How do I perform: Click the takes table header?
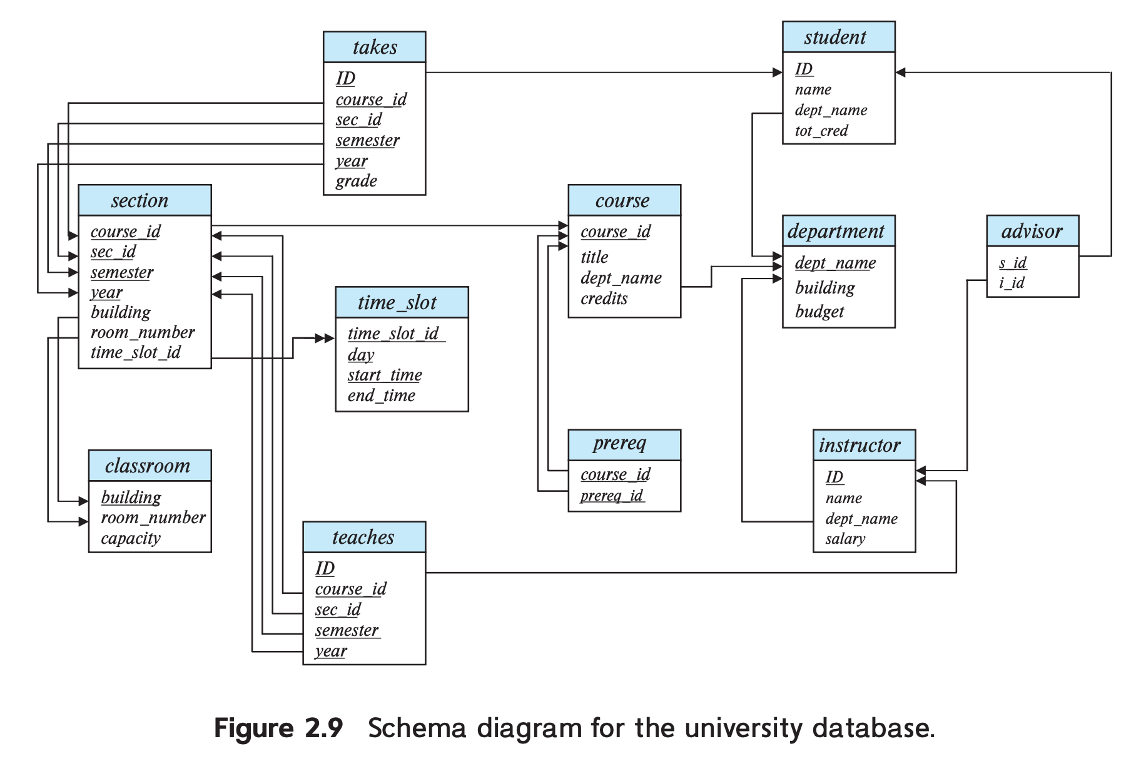pos(374,48)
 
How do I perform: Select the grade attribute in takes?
pos(356,181)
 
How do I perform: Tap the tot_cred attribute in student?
pos(821,131)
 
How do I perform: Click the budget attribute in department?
pos(819,312)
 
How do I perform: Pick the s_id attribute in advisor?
pos(1012,263)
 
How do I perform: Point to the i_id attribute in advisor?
pos(1012,283)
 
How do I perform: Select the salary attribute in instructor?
pos(844,539)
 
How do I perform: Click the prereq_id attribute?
pos(611,496)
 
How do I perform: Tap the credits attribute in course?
pos(604,299)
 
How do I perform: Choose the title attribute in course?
pos(594,257)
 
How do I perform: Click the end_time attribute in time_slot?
pos(381,396)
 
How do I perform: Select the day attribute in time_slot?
pos(360,355)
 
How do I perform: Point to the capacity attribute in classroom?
pos(131,538)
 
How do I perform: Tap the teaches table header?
pos(363,538)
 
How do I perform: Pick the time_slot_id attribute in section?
pos(135,352)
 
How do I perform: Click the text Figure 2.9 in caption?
pos(278,728)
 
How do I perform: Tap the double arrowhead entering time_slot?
pos(325,339)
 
